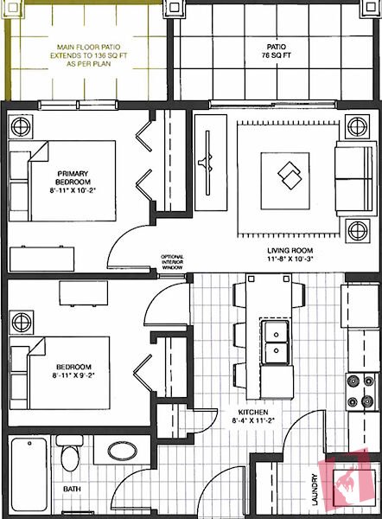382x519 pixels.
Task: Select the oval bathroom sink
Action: click(122, 452)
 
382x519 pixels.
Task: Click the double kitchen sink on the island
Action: click(276, 343)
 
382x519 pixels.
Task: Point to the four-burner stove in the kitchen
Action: click(362, 392)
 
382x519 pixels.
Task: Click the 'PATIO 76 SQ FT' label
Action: click(277, 51)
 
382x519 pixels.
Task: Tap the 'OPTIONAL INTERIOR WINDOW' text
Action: click(172, 262)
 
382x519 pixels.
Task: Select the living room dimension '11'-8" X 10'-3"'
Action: click(290, 259)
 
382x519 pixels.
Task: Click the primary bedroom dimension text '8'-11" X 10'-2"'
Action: click(73, 190)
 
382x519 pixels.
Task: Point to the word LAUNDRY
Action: click(315, 490)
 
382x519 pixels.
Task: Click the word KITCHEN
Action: click(253, 412)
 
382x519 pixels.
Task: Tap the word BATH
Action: click(72, 489)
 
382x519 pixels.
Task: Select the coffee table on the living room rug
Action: click(285, 181)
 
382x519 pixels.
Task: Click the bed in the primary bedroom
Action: click(62, 181)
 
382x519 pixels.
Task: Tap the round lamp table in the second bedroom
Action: click(22, 322)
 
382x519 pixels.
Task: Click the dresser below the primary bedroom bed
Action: click(41, 259)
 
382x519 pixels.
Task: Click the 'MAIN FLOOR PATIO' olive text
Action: click(88, 47)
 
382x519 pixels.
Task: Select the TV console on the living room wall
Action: click(211, 163)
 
